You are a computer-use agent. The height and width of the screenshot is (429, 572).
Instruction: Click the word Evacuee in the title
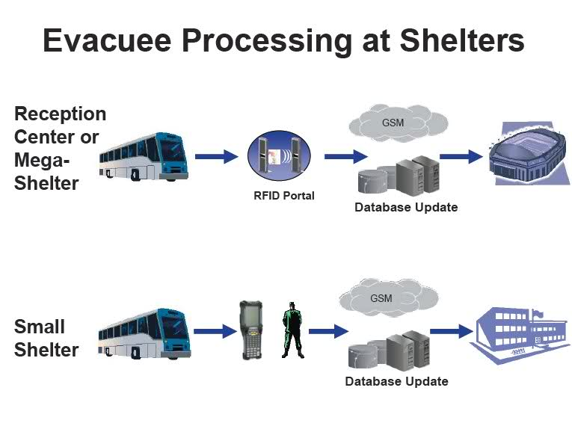(x=107, y=40)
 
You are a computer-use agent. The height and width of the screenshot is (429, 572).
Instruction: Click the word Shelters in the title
(x=462, y=40)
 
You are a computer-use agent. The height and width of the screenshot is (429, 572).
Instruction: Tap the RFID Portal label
(x=284, y=195)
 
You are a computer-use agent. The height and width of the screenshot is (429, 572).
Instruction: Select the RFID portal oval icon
(x=279, y=155)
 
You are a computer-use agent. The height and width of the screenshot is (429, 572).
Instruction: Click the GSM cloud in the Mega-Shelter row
(x=398, y=123)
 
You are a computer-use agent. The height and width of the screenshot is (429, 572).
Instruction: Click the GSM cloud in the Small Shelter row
(x=389, y=297)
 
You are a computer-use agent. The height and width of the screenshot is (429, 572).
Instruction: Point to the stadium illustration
(x=529, y=154)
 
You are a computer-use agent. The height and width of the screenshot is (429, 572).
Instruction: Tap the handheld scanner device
(x=251, y=330)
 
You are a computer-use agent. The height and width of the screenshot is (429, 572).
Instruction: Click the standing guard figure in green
(x=292, y=330)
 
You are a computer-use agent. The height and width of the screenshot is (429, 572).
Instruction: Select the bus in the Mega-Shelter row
(x=144, y=157)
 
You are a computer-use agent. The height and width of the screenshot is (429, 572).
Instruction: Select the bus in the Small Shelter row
(x=144, y=333)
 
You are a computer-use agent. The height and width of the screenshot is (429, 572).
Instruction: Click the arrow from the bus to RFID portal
(x=216, y=157)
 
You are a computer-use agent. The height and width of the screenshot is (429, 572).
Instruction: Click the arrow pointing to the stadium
(x=461, y=157)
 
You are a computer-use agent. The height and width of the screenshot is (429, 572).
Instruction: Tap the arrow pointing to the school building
(x=452, y=331)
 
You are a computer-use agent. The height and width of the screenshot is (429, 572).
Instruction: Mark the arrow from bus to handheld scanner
(x=215, y=331)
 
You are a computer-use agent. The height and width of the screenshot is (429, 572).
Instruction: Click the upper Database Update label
(x=406, y=207)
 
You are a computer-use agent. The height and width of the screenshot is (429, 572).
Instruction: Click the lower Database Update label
(x=396, y=381)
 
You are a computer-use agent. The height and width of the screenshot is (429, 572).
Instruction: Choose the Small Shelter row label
(x=46, y=338)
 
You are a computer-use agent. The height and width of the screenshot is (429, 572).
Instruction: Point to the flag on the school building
(x=538, y=313)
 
